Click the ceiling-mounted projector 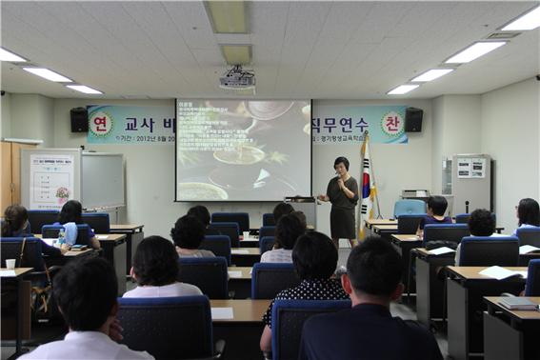tap(237, 80)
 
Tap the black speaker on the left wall tap(79, 120)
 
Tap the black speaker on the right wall tap(413, 120)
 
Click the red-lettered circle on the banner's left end tap(101, 124)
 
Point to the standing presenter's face tap(341, 166)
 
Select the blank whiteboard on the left tap(102, 180)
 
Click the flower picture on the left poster tap(62, 192)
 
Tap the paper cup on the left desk tap(10, 264)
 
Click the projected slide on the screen tap(243, 150)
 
